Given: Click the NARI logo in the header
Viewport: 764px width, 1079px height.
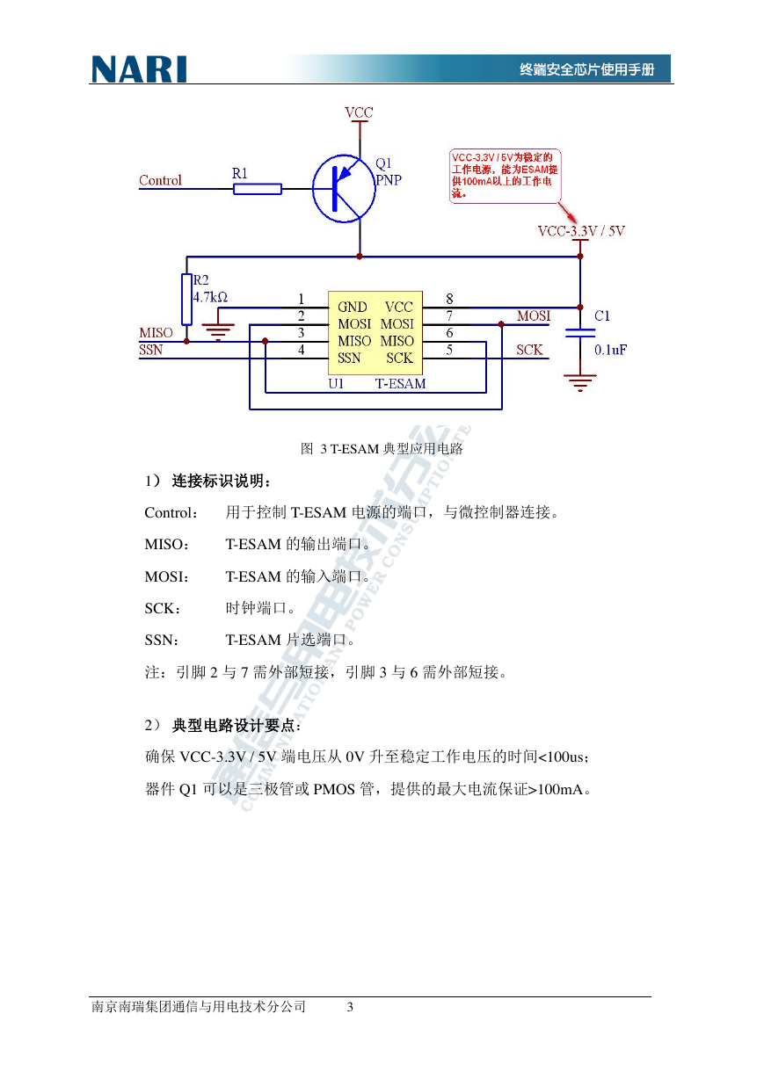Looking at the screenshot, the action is click(139, 69).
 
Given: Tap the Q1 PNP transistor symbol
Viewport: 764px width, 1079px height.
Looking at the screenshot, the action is click(344, 188).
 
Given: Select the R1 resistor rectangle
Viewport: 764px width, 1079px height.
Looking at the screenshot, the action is click(258, 189).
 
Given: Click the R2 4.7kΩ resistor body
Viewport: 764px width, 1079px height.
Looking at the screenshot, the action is click(186, 299).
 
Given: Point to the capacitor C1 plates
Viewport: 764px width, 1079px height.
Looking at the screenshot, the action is click(580, 333).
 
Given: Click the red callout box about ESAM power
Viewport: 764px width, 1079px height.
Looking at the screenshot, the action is click(506, 176).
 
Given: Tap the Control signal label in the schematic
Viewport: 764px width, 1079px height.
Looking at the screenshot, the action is click(160, 180).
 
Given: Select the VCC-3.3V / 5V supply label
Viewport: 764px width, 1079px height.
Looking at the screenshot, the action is click(581, 231).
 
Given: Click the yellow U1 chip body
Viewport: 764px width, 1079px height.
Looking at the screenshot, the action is click(375, 333).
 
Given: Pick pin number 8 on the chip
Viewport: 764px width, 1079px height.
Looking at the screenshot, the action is click(449, 299).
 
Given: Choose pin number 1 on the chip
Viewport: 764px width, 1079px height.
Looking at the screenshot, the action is click(302, 299).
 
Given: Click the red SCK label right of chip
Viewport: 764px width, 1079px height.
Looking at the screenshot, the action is click(529, 350).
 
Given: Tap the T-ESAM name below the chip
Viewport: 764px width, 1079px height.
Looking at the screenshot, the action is click(400, 384).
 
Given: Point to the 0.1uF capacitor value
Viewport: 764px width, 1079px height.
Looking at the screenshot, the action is click(610, 350).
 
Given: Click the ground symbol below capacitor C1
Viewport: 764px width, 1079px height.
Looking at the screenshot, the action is click(580, 382).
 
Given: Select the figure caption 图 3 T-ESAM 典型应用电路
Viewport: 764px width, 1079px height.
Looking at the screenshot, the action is click(382, 449).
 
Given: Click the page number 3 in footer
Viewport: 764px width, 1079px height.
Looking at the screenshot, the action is click(350, 1007).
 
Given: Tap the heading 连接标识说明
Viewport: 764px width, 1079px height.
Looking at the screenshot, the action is click(221, 481).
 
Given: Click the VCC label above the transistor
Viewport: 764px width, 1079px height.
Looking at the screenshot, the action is click(359, 112).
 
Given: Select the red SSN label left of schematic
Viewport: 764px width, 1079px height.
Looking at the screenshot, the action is click(151, 350).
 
